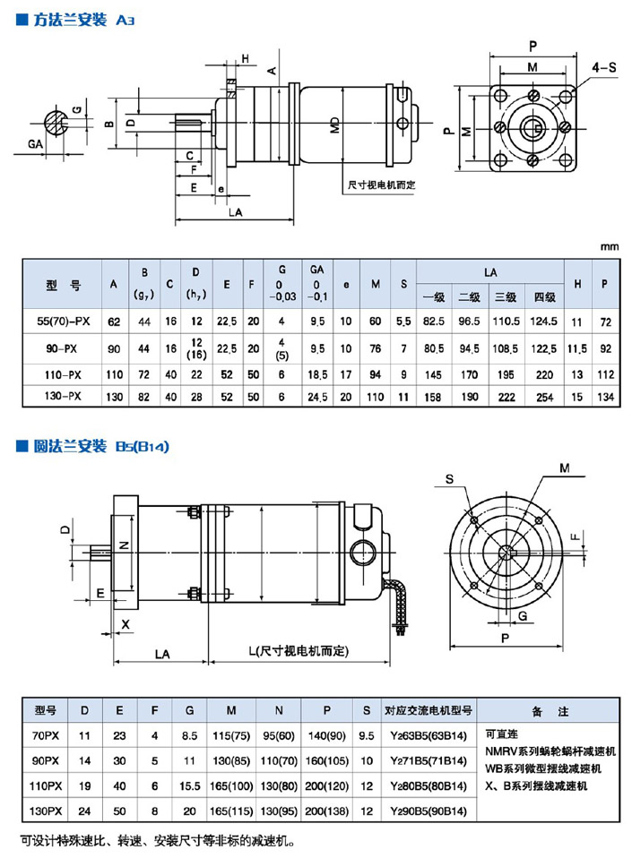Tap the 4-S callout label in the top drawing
coord(603,66)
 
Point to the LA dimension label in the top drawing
coord(235,212)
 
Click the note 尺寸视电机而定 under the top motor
coord(381,185)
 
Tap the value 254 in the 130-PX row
coord(545,395)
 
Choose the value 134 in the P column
coord(606,395)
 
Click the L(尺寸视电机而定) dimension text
coord(299,650)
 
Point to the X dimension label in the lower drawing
coord(126,622)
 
